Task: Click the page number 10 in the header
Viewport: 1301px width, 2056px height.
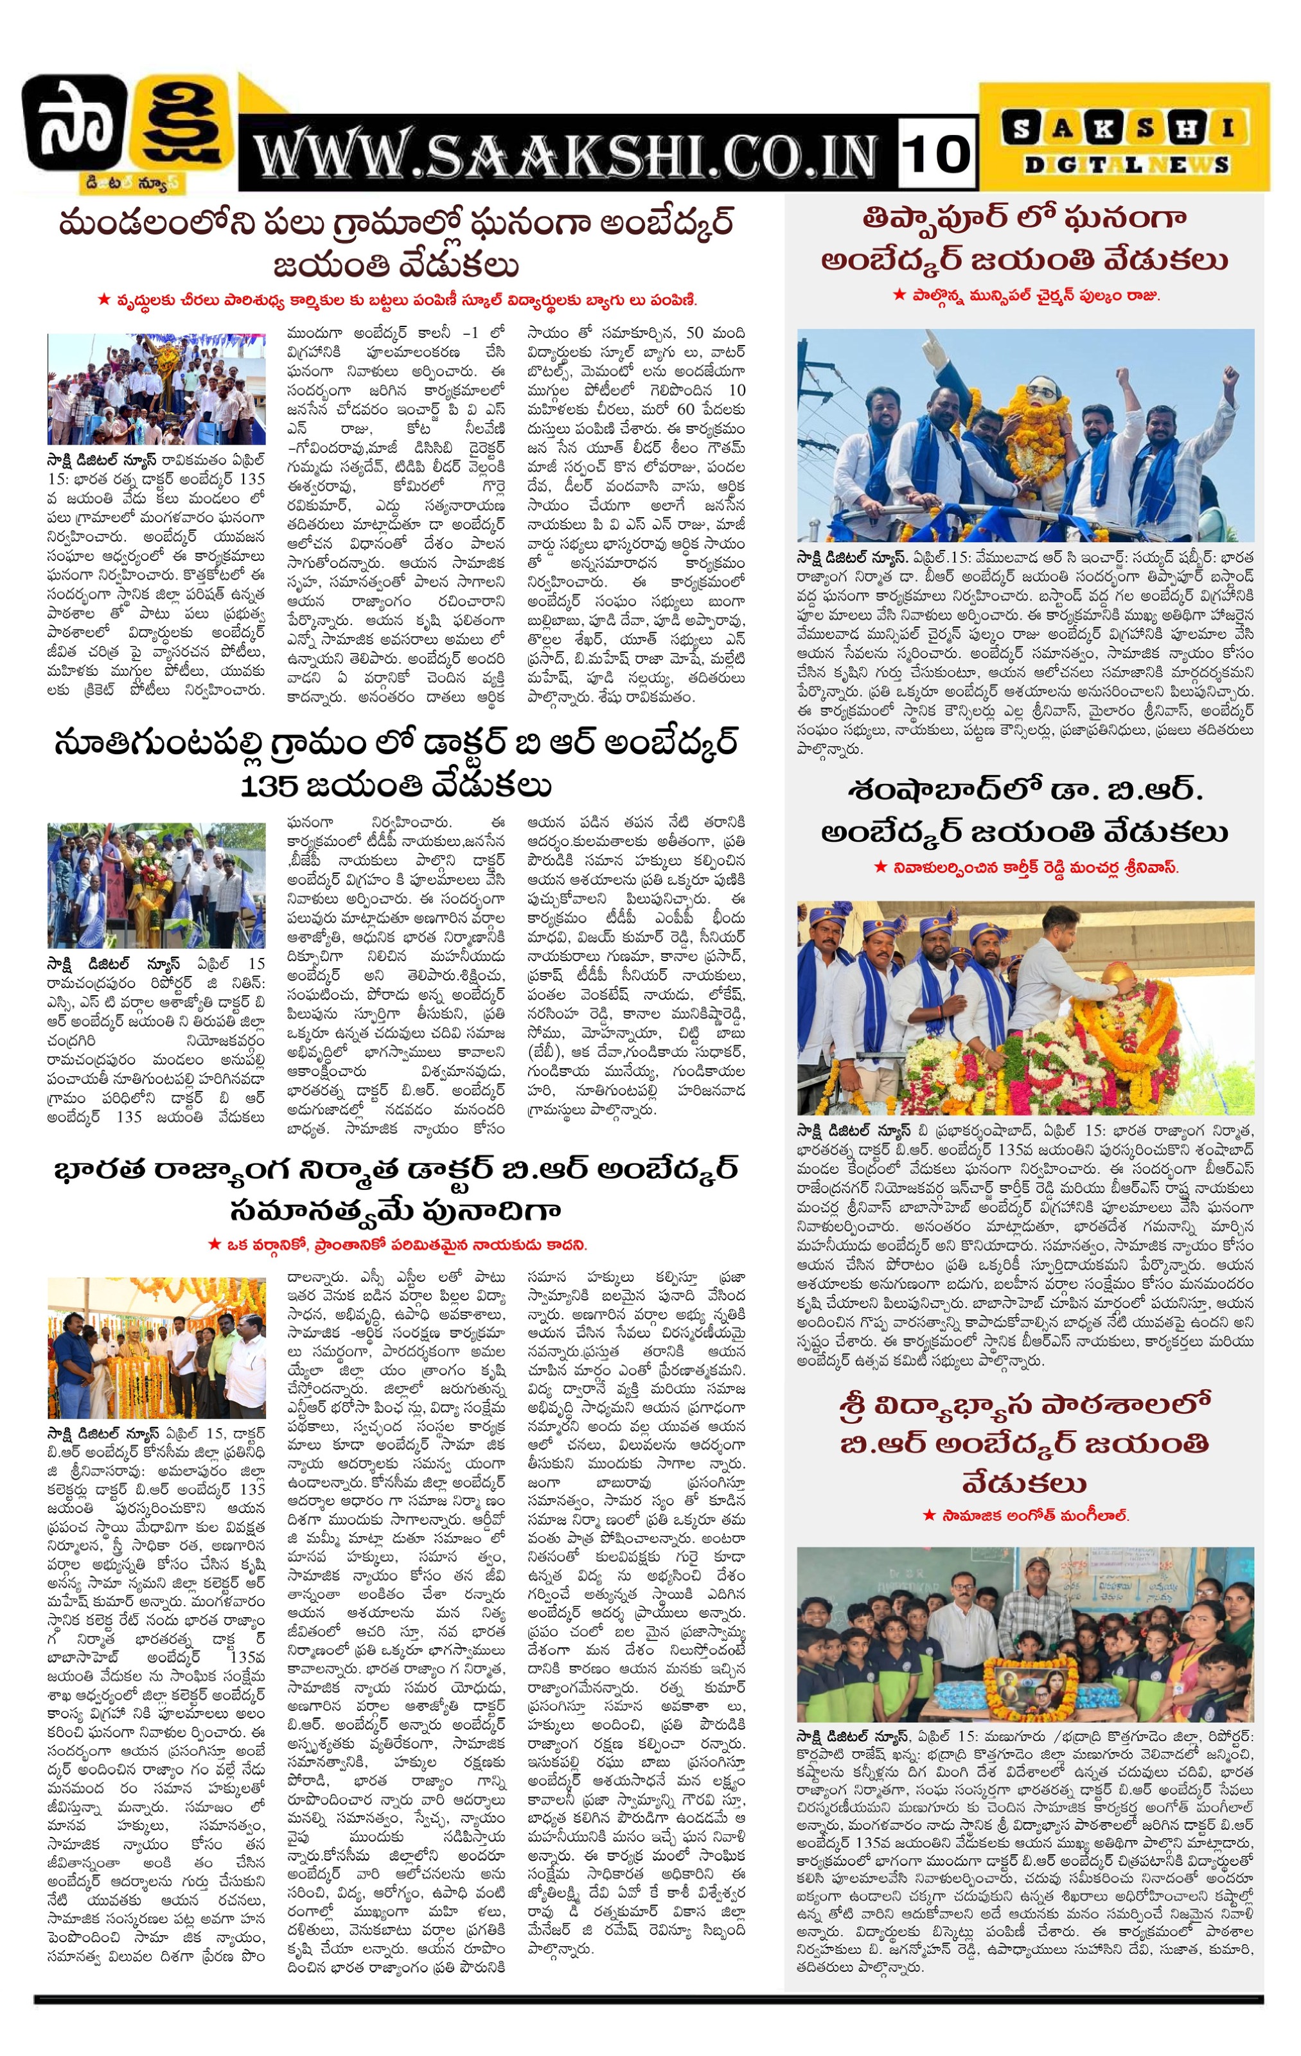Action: (x=937, y=154)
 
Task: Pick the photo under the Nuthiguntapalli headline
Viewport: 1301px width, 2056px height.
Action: (x=156, y=885)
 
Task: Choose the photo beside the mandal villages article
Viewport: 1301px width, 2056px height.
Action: (x=156, y=389)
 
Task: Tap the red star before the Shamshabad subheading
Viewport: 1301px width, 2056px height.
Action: (x=880, y=867)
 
